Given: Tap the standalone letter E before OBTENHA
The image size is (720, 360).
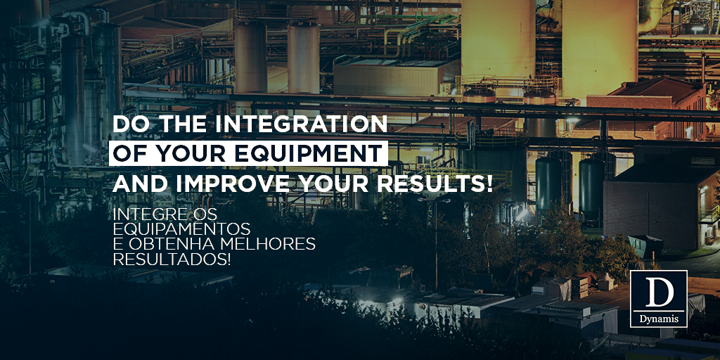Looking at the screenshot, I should [117, 244].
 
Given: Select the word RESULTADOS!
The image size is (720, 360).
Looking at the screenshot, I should [172, 259].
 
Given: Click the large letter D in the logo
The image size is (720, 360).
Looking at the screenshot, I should [659, 290].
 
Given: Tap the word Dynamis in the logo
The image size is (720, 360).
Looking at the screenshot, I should [659, 317].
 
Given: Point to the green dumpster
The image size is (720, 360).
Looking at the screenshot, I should [645, 245].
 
